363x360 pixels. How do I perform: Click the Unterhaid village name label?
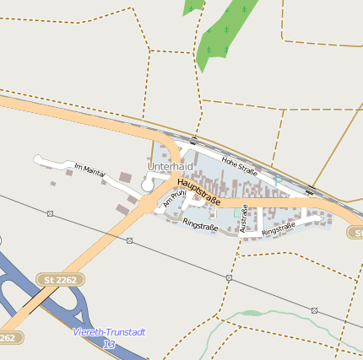171,167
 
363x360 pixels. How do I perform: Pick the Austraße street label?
244,218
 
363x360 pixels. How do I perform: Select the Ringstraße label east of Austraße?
280,228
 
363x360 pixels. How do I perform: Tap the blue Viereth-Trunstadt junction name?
109,332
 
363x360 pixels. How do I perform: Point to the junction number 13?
108,344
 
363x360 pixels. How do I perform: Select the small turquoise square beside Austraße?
236,213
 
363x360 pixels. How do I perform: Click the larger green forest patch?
225,34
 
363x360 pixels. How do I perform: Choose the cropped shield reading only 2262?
7,337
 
